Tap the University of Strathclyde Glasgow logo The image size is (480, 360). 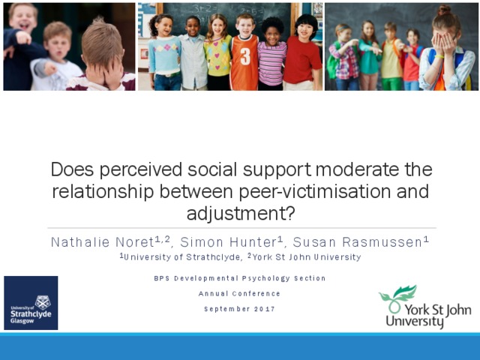pos(31,303)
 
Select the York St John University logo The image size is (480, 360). pos(425,307)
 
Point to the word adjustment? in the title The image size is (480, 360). pos(241,213)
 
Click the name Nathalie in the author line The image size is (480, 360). pos(80,242)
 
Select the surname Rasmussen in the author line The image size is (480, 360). pos(382,242)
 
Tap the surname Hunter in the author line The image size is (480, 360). pos(253,242)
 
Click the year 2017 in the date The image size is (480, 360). pos(265,309)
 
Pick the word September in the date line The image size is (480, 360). pos(226,309)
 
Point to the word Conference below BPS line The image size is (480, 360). pos(256,293)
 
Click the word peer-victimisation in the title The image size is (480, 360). pos(315,192)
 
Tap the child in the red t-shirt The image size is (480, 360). pos(301,52)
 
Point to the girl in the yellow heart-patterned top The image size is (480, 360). pos(218,52)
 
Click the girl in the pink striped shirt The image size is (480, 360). pos(271,54)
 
